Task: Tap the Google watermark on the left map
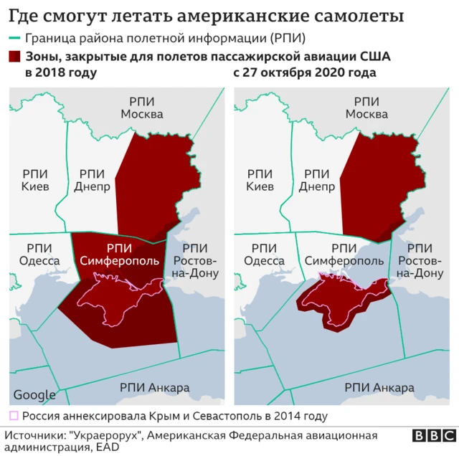[x=34, y=394]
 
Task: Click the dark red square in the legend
[x=14, y=57]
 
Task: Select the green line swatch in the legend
[x=14, y=38]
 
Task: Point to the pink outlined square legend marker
[x=13, y=415]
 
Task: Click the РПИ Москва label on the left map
[x=141, y=108]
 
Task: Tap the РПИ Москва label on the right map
[x=366, y=108]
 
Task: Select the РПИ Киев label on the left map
[x=34, y=180]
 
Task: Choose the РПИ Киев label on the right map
[x=260, y=180]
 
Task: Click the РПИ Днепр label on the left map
[x=92, y=180]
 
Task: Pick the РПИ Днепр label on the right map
[x=317, y=180]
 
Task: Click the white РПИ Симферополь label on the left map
[x=118, y=253]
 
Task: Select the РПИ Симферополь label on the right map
[x=344, y=254]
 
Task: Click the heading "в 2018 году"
[x=61, y=72]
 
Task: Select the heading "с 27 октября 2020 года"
[x=305, y=72]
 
